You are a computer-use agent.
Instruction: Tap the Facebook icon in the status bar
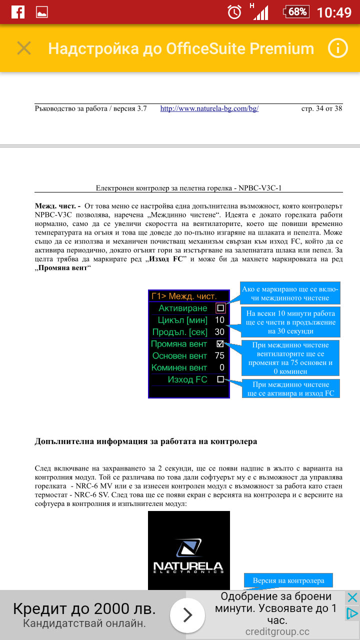[x=17, y=12]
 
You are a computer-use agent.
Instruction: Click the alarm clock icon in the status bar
[x=234, y=12]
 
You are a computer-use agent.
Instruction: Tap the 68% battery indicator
[x=296, y=12]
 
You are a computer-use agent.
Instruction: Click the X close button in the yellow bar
[x=24, y=48]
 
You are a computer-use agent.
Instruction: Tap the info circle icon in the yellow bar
[x=337, y=48]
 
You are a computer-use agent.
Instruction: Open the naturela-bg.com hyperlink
[x=209, y=108]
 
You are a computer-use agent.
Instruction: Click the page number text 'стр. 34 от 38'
[x=321, y=108]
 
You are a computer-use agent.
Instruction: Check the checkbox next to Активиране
[x=220, y=308]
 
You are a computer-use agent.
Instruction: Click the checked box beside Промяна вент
[x=220, y=344]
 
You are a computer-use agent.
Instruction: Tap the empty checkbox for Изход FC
[x=220, y=379]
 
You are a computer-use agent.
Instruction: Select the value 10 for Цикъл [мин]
[x=219, y=320]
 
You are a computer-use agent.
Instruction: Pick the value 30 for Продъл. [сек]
[x=219, y=332]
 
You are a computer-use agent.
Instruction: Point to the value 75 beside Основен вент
[x=219, y=356]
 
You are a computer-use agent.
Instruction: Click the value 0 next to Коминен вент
[x=221, y=368]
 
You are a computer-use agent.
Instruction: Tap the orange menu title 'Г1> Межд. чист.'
[x=184, y=296]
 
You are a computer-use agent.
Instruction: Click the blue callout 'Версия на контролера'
[x=288, y=580]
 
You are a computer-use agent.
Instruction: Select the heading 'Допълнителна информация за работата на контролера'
[x=145, y=441]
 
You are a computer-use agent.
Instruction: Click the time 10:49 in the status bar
[x=334, y=12]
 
